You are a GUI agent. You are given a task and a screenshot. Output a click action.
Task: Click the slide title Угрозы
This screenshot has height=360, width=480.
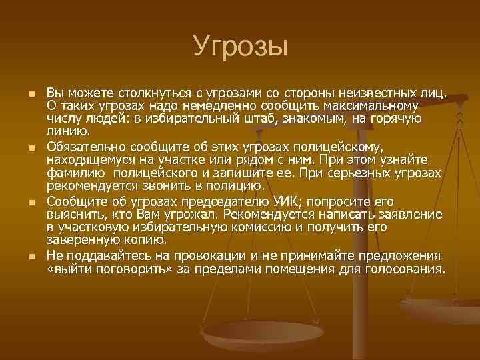pos(240,47)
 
